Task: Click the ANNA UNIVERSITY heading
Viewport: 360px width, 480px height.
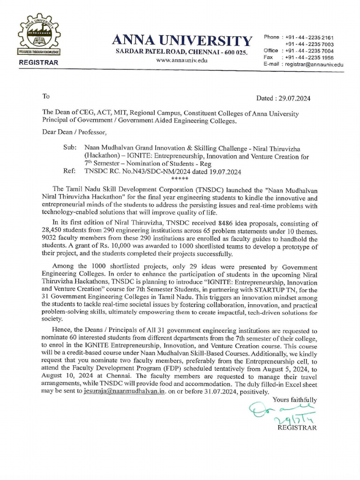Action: tap(181, 41)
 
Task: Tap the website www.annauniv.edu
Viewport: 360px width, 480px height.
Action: tap(181, 60)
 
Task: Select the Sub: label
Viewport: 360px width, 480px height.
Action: tap(70, 147)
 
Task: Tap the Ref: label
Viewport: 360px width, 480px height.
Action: tap(69, 172)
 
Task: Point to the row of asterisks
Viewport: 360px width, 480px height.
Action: tap(180, 179)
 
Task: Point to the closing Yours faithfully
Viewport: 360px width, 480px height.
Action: tap(294, 400)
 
